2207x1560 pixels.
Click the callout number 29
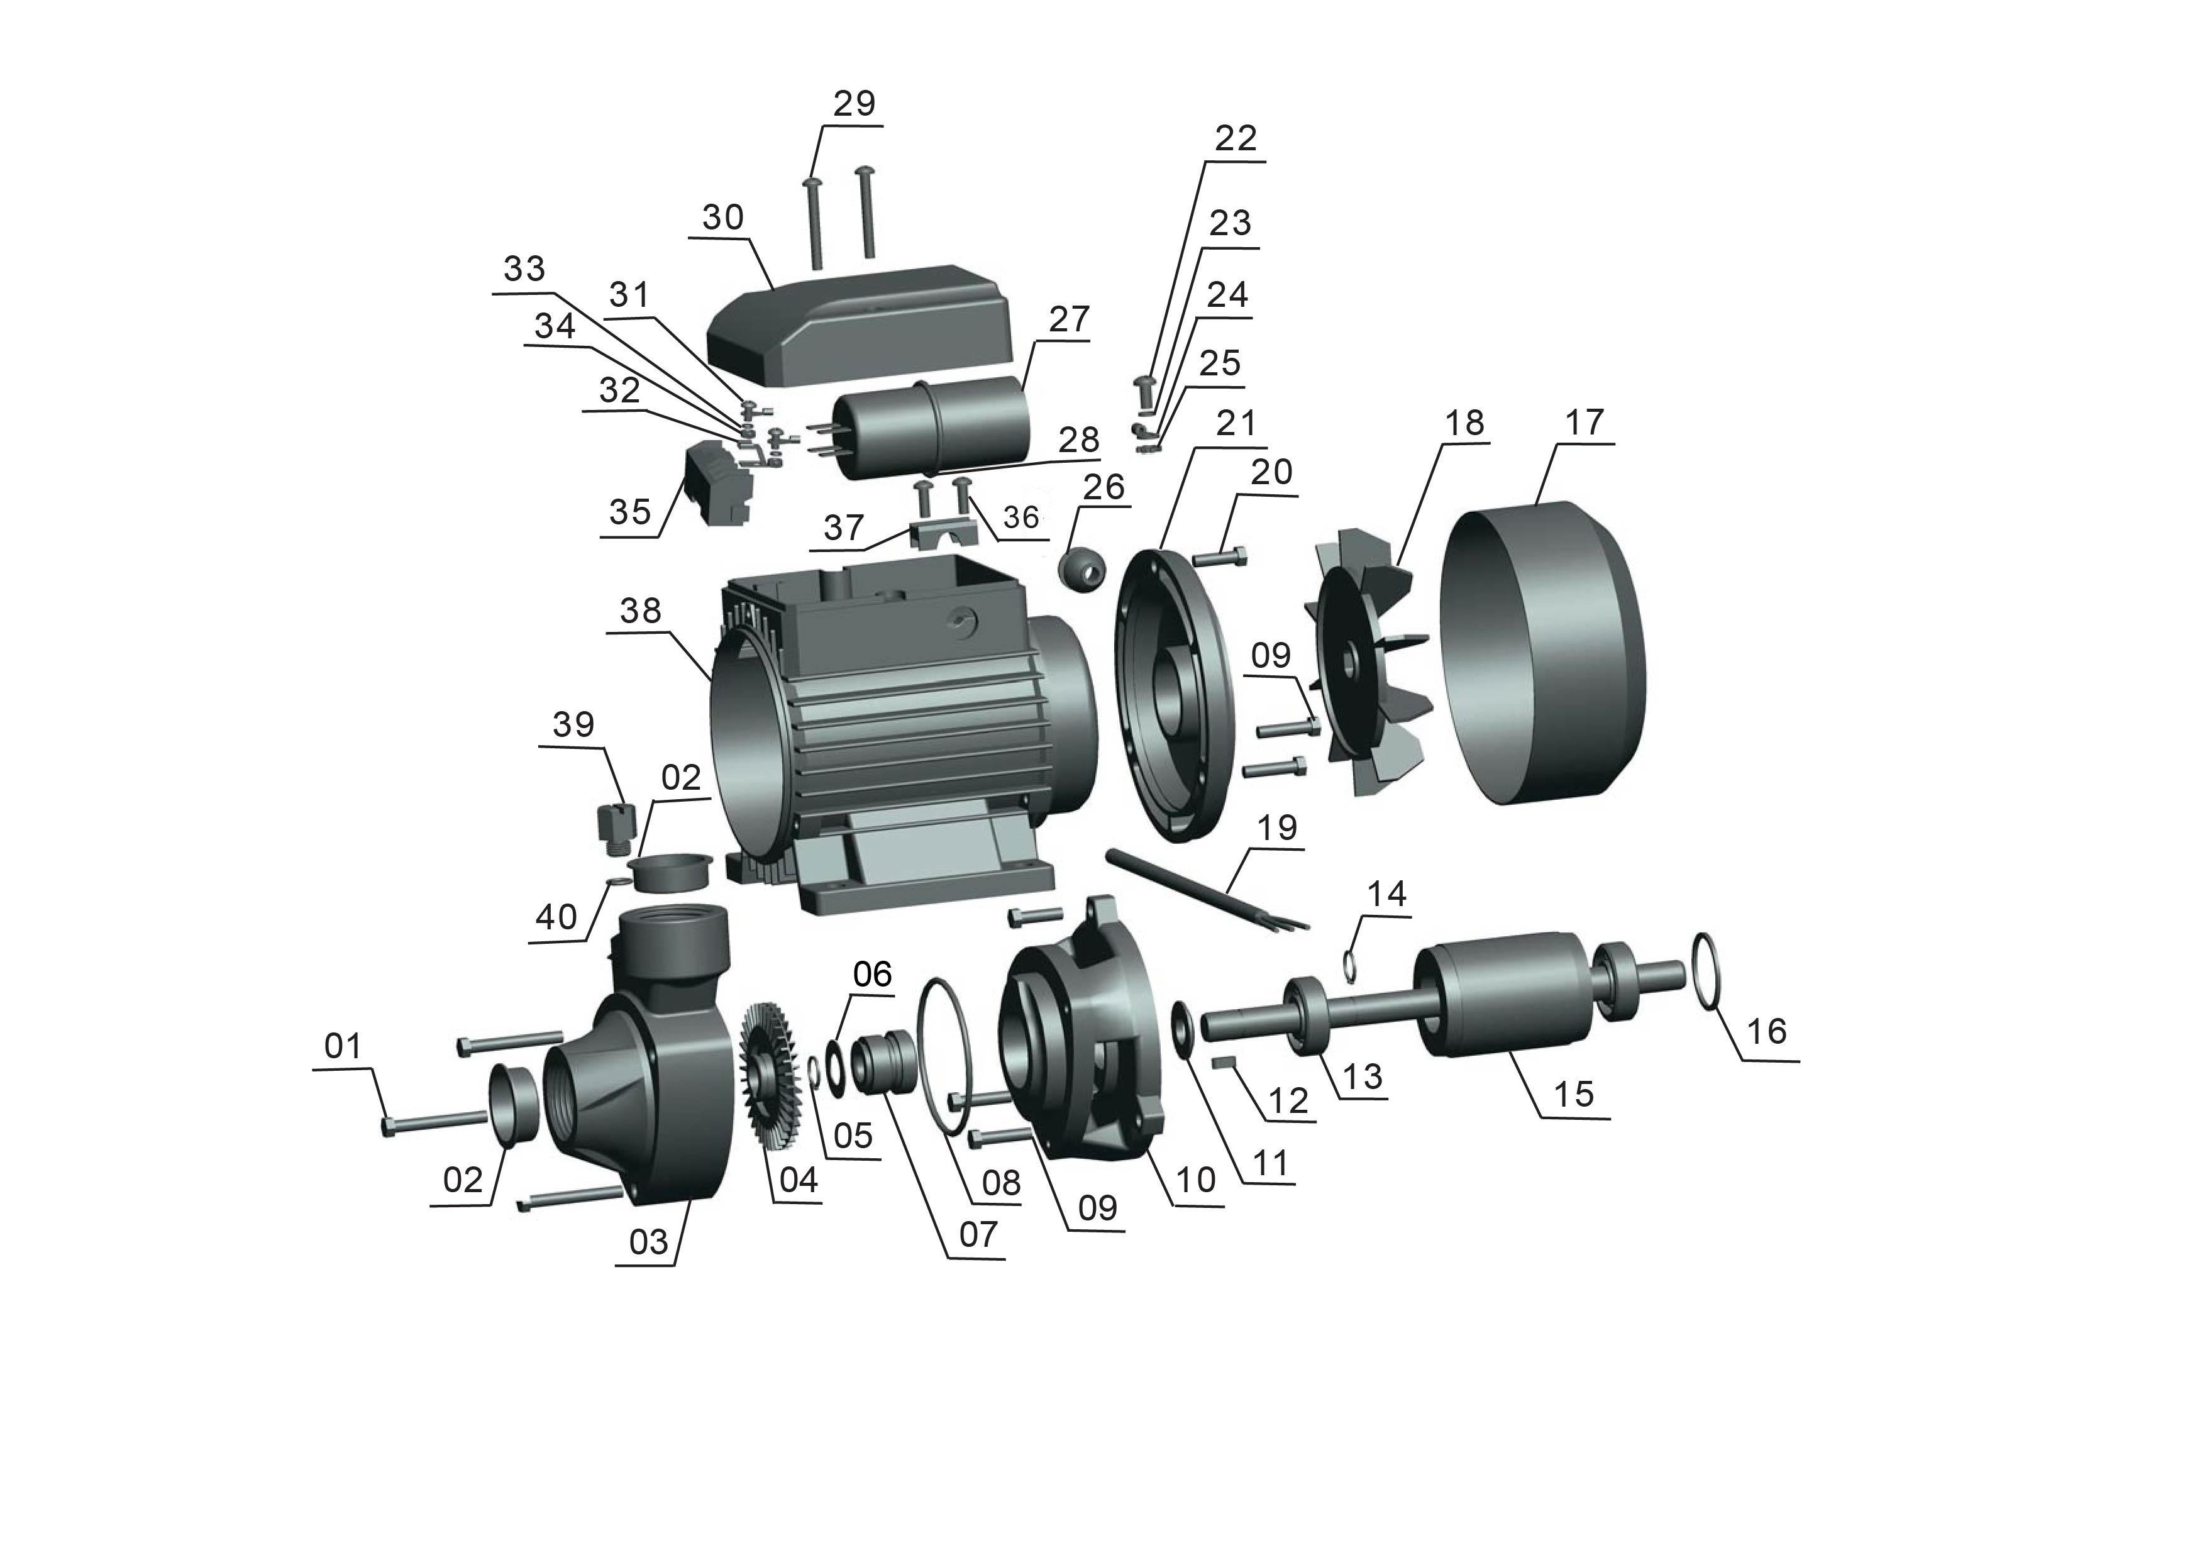pos(854,103)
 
